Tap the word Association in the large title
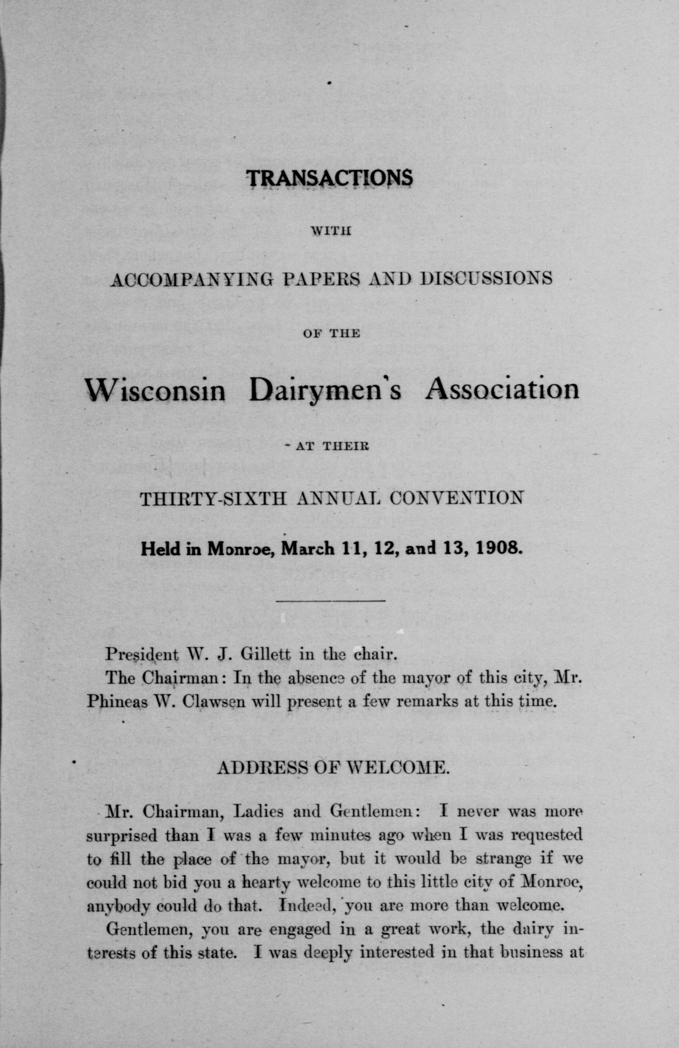pyautogui.click(x=502, y=389)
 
